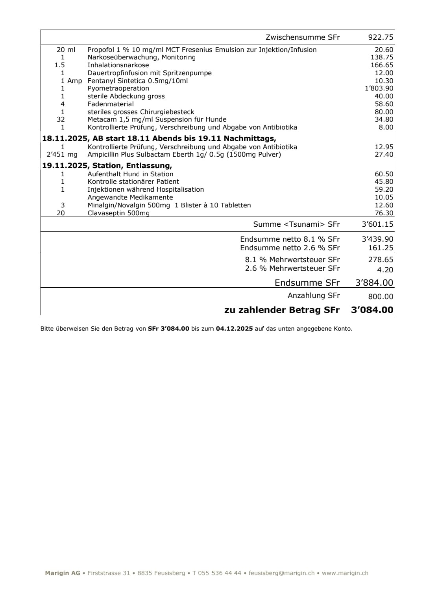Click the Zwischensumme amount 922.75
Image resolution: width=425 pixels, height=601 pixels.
click(x=380, y=37)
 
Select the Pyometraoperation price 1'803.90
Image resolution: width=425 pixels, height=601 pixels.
click(x=379, y=89)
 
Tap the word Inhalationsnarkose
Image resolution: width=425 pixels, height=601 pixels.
click(x=118, y=65)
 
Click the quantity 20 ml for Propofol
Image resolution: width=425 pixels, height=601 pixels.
click(x=66, y=50)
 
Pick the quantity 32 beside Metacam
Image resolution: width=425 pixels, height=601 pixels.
click(x=61, y=119)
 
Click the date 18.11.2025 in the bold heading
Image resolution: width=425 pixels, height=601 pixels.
click(x=65, y=138)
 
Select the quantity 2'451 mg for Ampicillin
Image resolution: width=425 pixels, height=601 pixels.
click(x=62, y=154)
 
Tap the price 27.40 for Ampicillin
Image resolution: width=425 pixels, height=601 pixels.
click(x=384, y=154)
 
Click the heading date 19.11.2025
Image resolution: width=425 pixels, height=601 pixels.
click(x=65, y=165)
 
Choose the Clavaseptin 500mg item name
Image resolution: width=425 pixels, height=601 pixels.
click(x=118, y=213)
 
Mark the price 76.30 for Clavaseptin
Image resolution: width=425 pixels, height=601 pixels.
click(x=384, y=213)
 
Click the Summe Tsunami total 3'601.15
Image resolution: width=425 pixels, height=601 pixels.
click(x=377, y=224)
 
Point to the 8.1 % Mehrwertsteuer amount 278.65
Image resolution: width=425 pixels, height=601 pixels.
click(x=381, y=260)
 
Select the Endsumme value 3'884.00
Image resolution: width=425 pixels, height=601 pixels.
click(x=374, y=283)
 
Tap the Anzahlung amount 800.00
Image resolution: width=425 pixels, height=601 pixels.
click(x=381, y=296)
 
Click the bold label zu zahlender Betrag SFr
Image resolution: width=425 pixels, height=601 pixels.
click(x=282, y=310)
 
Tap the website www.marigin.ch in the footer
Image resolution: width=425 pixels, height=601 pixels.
click(x=345, y=573)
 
